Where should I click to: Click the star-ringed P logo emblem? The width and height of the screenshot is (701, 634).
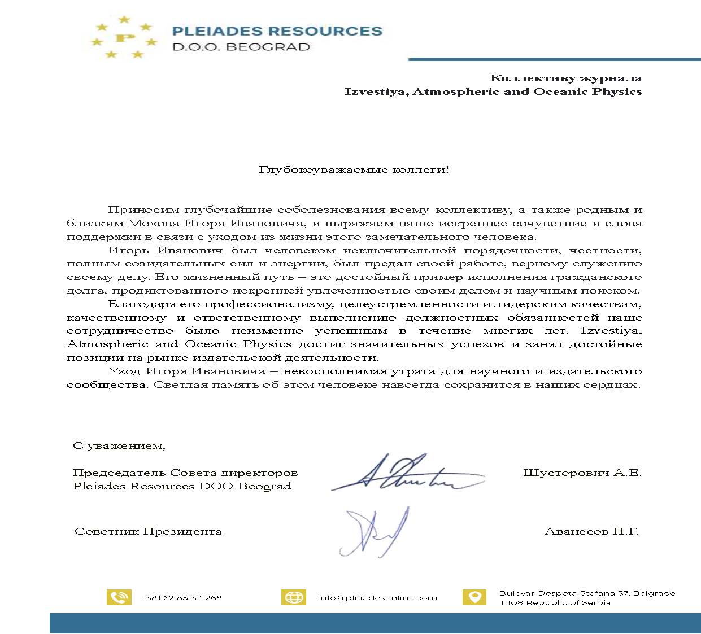[124, 38]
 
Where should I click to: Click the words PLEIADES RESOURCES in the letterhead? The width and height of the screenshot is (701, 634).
[277, 31]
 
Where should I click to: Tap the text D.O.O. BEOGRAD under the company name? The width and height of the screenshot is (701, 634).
[241, 47]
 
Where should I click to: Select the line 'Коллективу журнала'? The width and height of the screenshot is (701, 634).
[565, 78]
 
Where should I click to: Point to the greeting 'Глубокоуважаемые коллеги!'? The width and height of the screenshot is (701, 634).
[354, 169]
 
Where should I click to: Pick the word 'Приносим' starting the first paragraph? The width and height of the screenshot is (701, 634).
[141, 210]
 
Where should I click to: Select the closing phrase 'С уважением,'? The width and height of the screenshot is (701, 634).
[119, 445]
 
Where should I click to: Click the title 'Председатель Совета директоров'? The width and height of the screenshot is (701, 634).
[185, 473]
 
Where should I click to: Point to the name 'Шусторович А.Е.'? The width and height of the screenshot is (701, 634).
[582, 473]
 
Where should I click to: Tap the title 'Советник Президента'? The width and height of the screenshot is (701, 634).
[148, 531]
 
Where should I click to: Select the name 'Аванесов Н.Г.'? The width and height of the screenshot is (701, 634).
[591, 531]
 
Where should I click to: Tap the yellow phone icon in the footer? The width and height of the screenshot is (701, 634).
[119, 597]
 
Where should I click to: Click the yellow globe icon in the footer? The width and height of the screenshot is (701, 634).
[294, 597]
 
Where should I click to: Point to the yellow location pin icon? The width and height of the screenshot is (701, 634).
[474, 597]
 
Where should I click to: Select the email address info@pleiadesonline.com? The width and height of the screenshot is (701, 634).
[377, 597]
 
